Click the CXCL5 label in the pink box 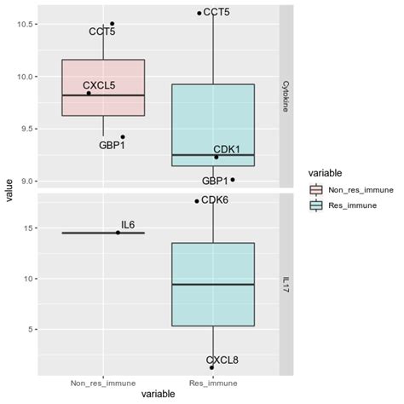pos(99,85)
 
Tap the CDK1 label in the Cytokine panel pos(227,149)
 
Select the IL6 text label pos(128,225)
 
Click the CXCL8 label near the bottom pos(222,360)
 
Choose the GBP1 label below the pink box pos(112,146)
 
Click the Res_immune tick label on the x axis pos(212,384)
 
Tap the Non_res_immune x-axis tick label pos(103,384)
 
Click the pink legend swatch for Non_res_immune pos(316,190)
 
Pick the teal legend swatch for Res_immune pos(316,205)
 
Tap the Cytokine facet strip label pos(286,95)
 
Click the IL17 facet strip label pos(286,283)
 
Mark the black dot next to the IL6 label pos(118,233)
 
